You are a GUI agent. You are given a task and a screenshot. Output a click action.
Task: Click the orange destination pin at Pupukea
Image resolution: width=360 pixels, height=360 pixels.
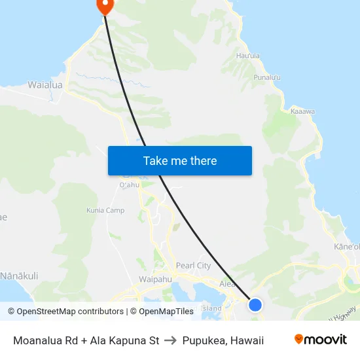coord(105,5)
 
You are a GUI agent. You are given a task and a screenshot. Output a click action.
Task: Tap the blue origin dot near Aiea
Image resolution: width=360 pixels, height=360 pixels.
coord(255,305)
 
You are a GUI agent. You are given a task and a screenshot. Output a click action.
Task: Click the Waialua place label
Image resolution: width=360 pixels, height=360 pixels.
coord(45,84)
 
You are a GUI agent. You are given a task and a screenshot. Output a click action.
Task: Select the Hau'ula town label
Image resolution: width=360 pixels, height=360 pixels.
coord(249,56)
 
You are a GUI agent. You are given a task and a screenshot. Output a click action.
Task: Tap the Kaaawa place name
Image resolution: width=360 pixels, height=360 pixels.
coord(302,111)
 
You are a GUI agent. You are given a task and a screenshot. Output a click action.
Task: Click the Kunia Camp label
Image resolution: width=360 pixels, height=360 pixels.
coord(105,211)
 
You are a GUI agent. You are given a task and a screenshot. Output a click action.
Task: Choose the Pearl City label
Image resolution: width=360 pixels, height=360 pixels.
coord(193,266)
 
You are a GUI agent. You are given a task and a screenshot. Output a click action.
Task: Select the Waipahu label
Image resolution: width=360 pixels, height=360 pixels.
coord(155,279)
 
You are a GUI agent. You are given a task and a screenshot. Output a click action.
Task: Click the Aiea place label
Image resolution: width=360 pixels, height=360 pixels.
coord(227,284)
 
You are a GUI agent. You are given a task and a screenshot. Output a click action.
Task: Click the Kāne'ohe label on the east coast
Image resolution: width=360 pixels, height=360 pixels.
coord(348,247)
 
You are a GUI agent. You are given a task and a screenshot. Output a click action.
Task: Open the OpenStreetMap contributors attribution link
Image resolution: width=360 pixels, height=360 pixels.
coord(65,312)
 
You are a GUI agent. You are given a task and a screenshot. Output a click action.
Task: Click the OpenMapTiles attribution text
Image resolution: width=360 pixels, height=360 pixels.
coord(162,312)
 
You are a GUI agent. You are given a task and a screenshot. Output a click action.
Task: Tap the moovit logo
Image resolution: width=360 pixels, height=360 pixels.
coord(321,340)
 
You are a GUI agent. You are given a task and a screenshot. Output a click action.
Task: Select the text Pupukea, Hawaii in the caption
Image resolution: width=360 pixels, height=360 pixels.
coord(223,340)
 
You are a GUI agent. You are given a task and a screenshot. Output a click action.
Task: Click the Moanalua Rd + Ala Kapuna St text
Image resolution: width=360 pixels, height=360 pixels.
coord(86,340)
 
